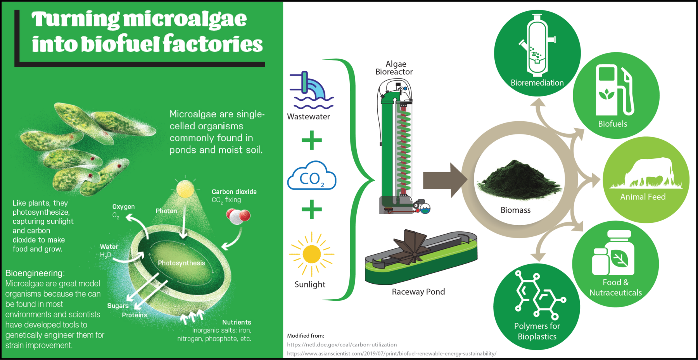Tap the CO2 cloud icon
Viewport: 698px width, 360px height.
tap(311, 177)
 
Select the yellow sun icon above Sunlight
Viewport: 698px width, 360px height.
tap(311, 254)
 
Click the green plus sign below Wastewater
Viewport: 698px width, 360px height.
tap(312, 140)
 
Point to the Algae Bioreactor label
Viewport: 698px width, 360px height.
tap(394, 68)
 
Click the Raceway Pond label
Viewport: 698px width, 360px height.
tap(418, 292)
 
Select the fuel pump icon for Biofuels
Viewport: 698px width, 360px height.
tap(615, 91)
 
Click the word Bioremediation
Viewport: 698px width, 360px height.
tap(537, 83)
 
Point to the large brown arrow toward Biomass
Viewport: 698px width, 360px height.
tap(444, 180)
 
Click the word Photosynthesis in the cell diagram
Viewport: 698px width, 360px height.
tap(181, 263)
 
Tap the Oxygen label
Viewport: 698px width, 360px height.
tap(124, 207)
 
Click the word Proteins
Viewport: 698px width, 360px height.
tap(135, 315)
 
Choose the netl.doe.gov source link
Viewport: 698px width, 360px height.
tap(342, 344)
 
